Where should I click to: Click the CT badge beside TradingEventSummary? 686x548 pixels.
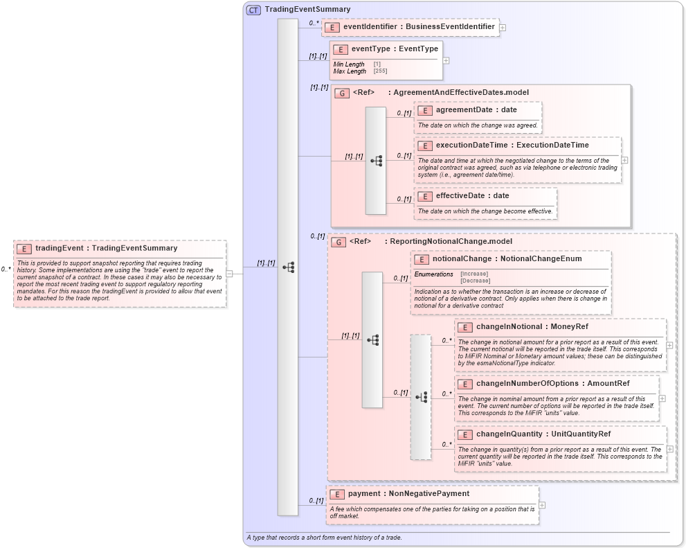point(253,10)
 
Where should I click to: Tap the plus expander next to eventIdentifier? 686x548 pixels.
point(503,28)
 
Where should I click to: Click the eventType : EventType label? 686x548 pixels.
point(395,49)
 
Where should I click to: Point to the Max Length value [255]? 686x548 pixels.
point(380,71)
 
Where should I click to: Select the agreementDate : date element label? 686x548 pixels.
point(476,109)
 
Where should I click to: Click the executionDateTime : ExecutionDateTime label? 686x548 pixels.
point(512,145)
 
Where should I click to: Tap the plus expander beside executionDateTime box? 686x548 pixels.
point(624,159)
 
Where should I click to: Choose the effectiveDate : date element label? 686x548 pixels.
point(472,196)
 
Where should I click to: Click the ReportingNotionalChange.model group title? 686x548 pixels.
point(448,242)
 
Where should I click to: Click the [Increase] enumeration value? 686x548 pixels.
point(475,274)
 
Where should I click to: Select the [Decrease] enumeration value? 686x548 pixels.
point(475,281)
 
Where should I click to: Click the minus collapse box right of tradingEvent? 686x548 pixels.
point(229,273)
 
